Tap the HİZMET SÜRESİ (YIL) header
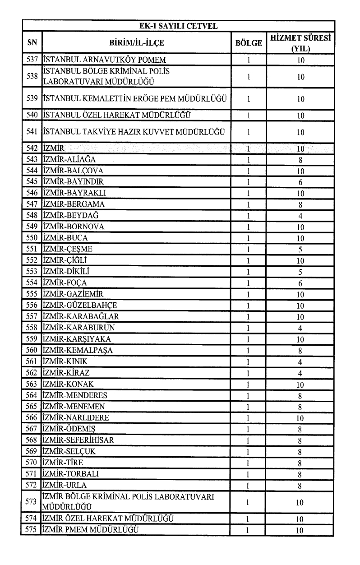tap(300, 43)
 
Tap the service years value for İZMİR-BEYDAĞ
tap(300, 216)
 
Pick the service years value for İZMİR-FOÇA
tap(300, 283)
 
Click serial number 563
tap(32, 384)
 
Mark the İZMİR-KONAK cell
tap(68, 384)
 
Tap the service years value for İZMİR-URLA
tap(300, 485)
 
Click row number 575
tap(32, 530)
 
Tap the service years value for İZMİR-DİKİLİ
tap(300, 272)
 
